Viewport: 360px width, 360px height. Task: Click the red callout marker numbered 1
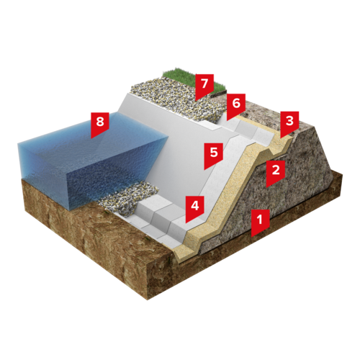coord(260,222)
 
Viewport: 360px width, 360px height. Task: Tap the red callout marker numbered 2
coord(276,173)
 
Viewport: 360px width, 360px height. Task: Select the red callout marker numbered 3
coord(289,124)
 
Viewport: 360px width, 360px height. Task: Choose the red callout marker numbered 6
coord(236,106)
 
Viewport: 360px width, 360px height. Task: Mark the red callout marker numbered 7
coord(204,86)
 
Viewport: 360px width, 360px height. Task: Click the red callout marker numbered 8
coord(100,125)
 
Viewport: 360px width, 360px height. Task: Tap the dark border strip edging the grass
coord(218,93)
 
